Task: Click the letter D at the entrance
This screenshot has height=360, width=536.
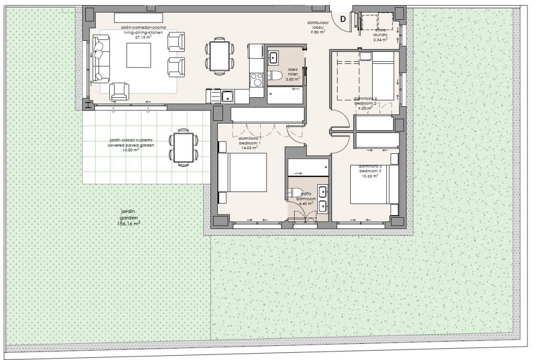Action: tap(343, 19)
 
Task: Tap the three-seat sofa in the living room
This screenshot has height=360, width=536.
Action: tap(99, 62)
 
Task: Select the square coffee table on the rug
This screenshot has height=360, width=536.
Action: tap(138, 54)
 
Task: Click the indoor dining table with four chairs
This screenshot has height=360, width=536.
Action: tap(219, 55)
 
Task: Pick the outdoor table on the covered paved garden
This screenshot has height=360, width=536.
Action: tap(184, 148)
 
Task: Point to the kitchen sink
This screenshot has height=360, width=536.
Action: tap(227, 96)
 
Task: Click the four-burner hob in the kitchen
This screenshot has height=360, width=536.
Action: tap(257, 80)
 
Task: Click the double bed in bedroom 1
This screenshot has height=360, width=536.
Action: tap(243, 172)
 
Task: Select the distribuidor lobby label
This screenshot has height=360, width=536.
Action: tap(318, 27)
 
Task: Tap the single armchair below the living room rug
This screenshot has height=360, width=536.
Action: tap(119, 92)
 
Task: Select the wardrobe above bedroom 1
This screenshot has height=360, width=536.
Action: tap(267, 114)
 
